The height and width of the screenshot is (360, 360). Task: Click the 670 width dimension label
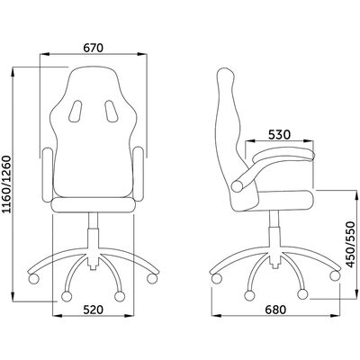click(x=94, y=48)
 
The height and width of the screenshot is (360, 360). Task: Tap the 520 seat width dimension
click(x=93, y=310)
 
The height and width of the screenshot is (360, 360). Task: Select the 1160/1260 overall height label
click(x=6, y=184)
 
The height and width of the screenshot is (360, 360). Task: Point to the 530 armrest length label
click(x=279, y=135)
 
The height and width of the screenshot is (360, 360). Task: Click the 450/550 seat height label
click(x=350, y=244)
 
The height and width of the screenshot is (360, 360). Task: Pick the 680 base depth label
click(x=275, y=310)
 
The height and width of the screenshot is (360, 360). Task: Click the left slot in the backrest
click(x=75, y=112)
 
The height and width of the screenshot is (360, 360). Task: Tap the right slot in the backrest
click(x=111, y=111)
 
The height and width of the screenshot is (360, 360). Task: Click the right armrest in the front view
click(x=139, y=174)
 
